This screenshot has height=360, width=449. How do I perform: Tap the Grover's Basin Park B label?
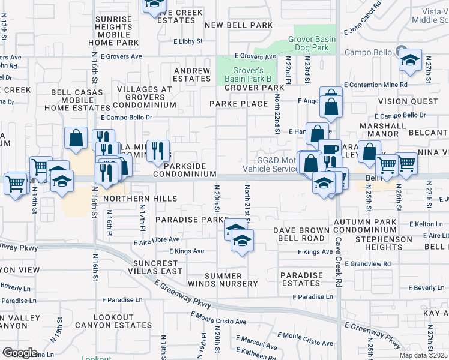(248, 74)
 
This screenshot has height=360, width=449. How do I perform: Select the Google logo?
(19, 353)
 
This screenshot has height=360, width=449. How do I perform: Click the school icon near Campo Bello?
(410, 60)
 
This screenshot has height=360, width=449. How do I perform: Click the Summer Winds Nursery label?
(222, 279)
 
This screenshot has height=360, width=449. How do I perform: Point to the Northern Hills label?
(140, 199)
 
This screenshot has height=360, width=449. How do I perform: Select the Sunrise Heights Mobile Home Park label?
(113, 31)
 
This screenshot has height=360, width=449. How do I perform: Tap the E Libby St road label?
(188, 41)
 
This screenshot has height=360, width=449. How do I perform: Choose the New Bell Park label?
(238, 25)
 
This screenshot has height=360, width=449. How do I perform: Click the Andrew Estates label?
(192, 74)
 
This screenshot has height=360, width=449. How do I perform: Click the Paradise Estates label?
(301, 279)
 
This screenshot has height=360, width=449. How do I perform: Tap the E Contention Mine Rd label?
(376, 85)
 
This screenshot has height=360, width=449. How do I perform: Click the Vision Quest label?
(409, 101)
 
